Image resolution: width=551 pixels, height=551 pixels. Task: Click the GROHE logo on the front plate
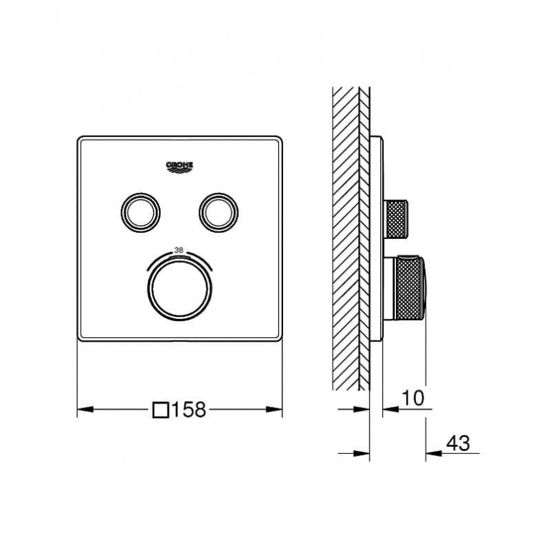(x=179, y=167)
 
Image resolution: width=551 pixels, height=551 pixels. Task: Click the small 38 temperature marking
(x=179, y=251)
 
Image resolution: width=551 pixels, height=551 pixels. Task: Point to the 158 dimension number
(x=189, y=409)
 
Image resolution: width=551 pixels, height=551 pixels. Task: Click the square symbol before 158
(x=161, y=410)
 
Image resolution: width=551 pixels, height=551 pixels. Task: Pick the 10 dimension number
(x=413, y=398)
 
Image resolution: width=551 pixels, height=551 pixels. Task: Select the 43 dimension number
(x=458, y=443)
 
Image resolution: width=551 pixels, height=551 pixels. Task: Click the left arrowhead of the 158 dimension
(x=85, y=409)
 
